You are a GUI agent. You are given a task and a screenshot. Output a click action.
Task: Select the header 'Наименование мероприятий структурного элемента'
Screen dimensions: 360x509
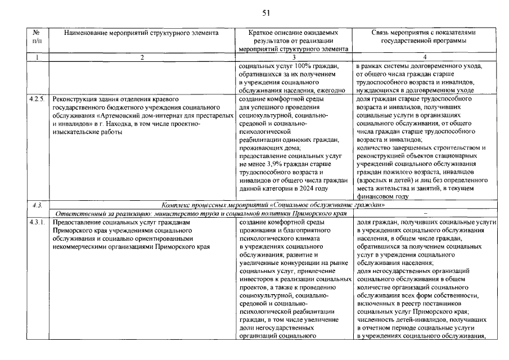141,33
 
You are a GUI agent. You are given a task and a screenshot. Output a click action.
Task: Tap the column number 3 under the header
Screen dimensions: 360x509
294,57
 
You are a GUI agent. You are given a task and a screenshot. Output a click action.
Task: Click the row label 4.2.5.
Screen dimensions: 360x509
37,99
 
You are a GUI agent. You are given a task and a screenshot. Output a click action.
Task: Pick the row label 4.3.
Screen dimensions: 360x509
37,205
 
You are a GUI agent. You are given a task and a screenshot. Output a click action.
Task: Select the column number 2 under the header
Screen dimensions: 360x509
142,57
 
